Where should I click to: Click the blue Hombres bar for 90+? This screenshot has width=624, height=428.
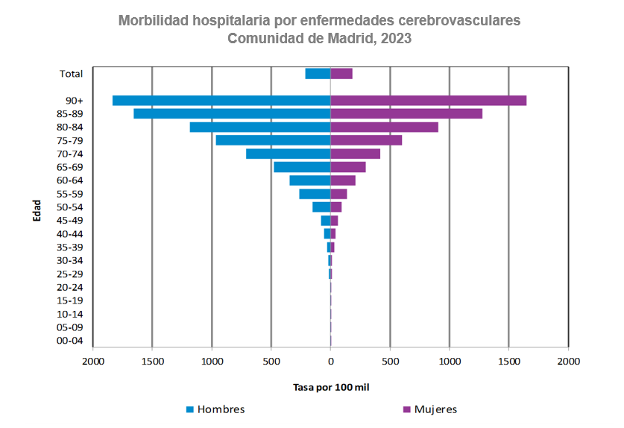(221, 101)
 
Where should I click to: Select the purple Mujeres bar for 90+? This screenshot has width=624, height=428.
(428, 101)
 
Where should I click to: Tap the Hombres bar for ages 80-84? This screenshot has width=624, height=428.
(260, 128)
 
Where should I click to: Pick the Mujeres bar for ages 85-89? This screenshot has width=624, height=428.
(406, 114)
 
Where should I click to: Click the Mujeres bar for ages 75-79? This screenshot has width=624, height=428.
(366, 140)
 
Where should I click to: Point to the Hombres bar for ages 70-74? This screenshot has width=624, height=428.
(289, 154)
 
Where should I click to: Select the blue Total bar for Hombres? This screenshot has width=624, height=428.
(318, 74)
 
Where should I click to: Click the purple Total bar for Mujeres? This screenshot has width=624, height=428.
(341, 74)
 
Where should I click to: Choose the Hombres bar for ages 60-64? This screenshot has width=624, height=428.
(310, 180)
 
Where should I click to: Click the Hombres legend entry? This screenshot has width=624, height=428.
(215, 409)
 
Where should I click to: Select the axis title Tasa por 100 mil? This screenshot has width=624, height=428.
(330, 388)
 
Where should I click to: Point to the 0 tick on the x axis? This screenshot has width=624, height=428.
(330, 362)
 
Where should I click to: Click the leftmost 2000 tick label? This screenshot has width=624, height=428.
(92, 362)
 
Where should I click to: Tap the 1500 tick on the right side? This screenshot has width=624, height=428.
(508, 362)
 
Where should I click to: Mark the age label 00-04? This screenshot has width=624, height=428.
(71, 341)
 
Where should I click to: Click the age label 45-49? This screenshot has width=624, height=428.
(71, 221)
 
